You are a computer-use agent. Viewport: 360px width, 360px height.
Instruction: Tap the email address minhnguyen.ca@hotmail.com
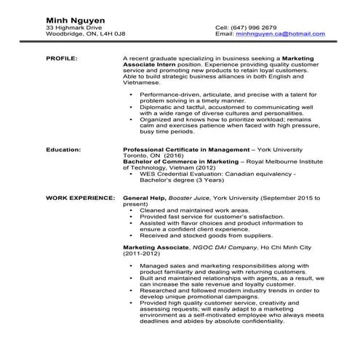279,33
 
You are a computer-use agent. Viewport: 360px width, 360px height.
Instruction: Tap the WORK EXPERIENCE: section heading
79,197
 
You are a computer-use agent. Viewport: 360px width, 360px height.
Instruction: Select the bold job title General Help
144,197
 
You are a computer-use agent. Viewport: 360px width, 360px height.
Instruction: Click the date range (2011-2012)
143,255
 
